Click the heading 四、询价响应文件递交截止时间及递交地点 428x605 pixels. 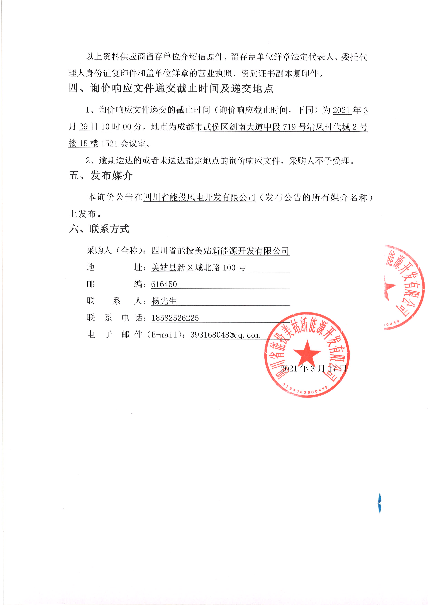tap(171, 88)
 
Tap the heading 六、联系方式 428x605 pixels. tap(99, 229)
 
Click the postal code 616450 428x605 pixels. tap(164, 284)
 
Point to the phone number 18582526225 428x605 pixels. tap(175, 318)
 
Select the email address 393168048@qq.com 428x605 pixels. tap(225, 335)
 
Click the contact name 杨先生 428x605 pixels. tap(164, 301)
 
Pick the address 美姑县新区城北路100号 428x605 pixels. tap(198, 268)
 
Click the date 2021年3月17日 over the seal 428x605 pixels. tap(313, 368)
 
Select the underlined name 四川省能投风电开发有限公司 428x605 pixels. tap(200, 197)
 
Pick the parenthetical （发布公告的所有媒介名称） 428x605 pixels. tap(319, 197)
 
